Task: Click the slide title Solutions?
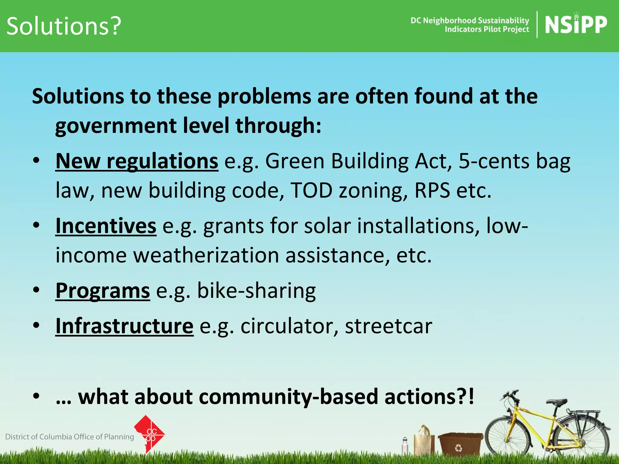point(63,26)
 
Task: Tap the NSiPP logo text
point(576,25)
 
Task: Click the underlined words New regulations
point(137,161)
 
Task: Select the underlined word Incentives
point(106,226)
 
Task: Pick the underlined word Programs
point(102,291)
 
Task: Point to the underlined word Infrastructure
point(124,326)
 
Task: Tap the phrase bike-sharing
point(256,291)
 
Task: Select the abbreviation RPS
point(432,191)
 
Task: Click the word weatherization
point(206,255)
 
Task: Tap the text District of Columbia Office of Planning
point(70,437)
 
